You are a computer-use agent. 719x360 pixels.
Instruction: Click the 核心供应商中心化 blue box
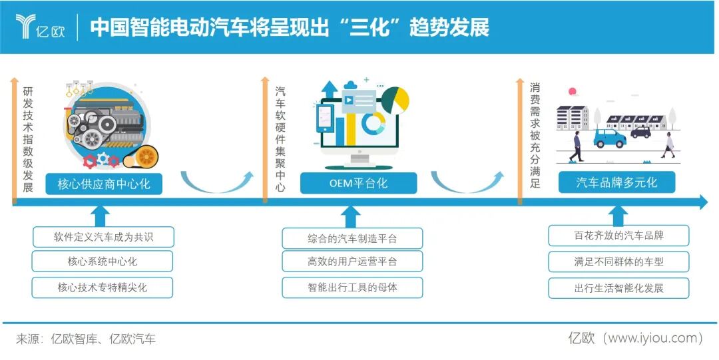pyautogui.click(x=103, y=184)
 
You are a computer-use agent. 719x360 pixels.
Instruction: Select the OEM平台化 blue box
pyautogui.click(x=358, y=183)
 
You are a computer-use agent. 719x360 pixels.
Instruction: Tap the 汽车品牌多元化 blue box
pyautogui.click(x=616, y=182)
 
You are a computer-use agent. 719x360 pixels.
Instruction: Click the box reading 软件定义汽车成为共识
pyautogui.click(x=103, y=236)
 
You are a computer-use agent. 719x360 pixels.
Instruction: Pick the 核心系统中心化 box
pyautogui.click(x=103, y=262)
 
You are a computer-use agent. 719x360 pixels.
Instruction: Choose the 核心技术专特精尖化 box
pyautogui.click(x=103, y=287)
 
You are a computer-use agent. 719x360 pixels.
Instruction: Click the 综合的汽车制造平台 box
pyautogui.click(x=352, y=238)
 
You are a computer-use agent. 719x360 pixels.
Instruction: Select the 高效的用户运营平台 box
pyautogui.click(x=352, y=262)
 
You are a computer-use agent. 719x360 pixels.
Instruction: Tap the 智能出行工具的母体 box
pyautogui.click(x=352, y=287)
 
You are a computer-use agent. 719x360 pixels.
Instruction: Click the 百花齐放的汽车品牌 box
pyautogui.click(x=618, y=236)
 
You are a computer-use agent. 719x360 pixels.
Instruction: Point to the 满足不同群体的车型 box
pyautogui.click(x=618, y=262)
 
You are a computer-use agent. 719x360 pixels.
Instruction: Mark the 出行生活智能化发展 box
pyautogui.click(x=618, y=288)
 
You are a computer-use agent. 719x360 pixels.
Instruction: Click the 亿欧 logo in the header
pyautogui.click(x=40, y=26)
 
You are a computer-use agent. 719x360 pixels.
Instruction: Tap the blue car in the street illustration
pyautogui.click(x=609, y=138)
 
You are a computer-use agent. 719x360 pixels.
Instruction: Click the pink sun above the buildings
pyautogui.click(x=572, y=92)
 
